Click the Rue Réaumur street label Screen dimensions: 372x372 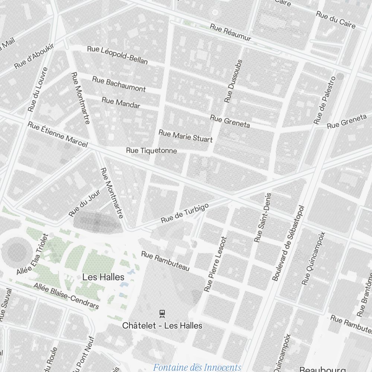coord(231,33)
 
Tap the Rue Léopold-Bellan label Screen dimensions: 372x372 coord(117,55)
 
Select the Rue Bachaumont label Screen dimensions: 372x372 coord(119,84)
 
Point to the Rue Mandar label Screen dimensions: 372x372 coord(121,103)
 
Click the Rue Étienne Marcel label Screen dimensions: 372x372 coord(58,135)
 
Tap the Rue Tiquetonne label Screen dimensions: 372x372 coord(151,151)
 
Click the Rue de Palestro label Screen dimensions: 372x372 coord(324,100)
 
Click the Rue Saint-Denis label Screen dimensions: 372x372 coord(263,218)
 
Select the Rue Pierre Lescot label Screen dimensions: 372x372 coord(215,264)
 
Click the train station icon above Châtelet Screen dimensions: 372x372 coord(162,314)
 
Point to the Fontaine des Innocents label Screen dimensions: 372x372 coord(197,368)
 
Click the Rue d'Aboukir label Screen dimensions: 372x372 coord(34,56)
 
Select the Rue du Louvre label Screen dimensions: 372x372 coord(38,89)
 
